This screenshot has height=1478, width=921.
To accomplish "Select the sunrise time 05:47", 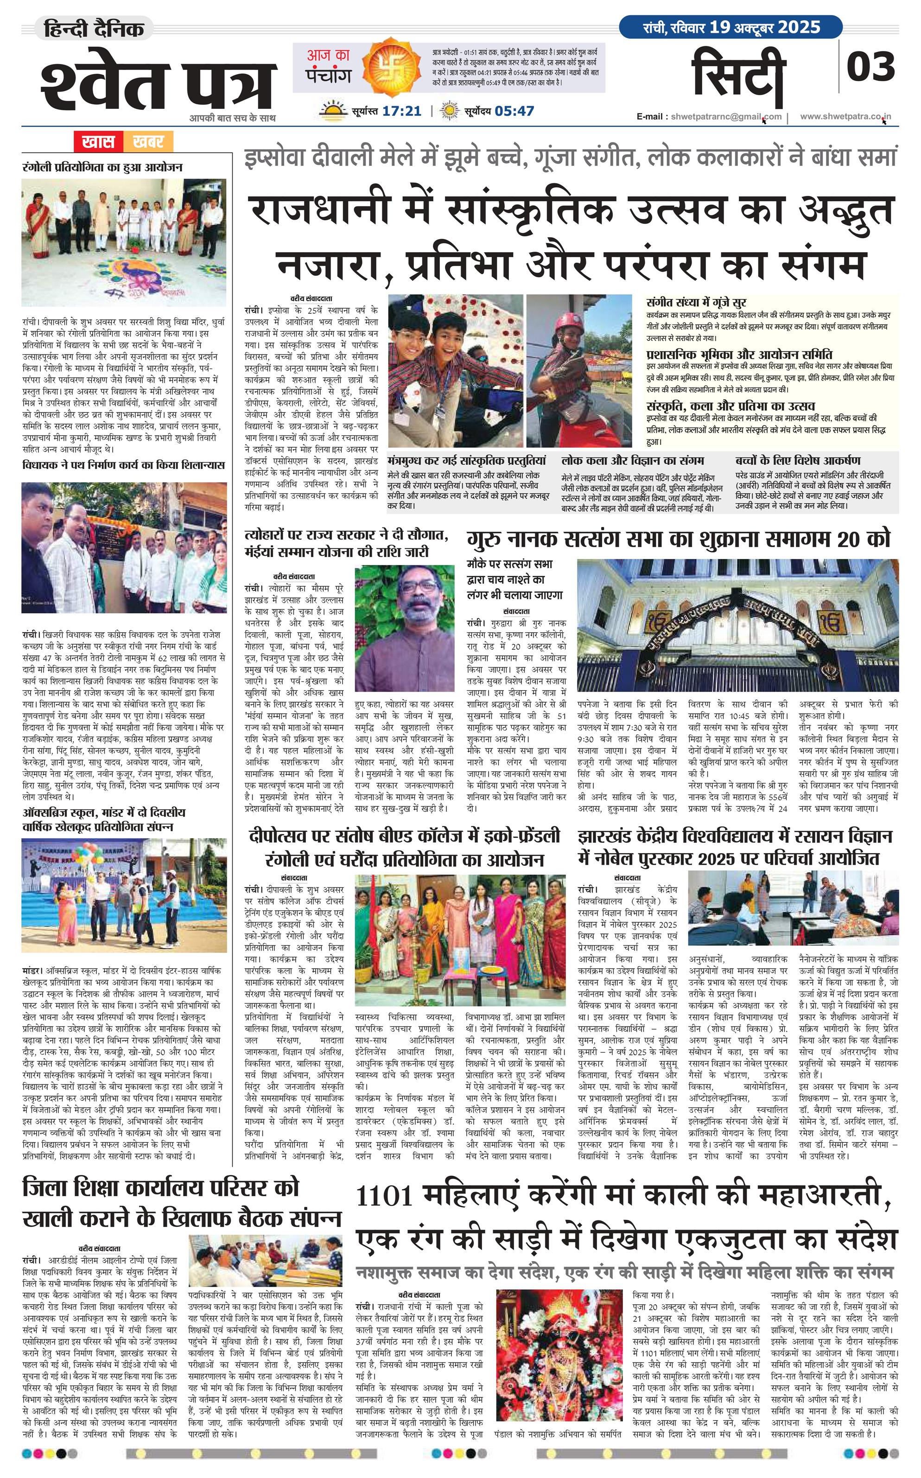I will click(514, 111).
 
